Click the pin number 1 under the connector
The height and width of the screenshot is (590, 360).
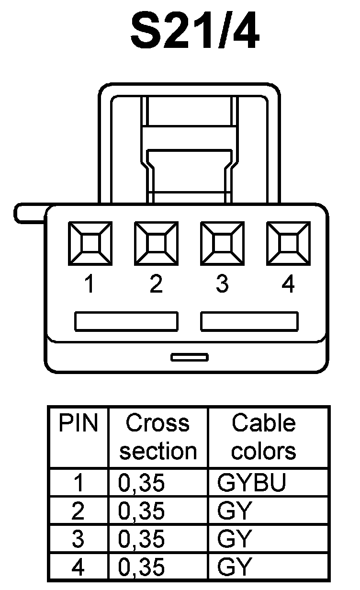[x=89, y=284]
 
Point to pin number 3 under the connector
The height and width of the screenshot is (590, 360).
[x=222, y=284]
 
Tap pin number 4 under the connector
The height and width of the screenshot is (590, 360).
[x=288, y=284]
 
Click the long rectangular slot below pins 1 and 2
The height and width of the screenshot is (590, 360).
[x=126, y=321]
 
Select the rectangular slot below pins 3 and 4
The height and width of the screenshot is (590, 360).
[x=249, y=321]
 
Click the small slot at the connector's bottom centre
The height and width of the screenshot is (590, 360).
[x=190, y=357]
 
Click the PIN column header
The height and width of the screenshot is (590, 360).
[x=78, y=423]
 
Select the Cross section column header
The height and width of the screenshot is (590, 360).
[x=158, y=437]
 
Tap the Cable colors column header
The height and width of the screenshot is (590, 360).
[x=264, y=437]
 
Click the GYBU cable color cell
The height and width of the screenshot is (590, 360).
[x=252, y=483]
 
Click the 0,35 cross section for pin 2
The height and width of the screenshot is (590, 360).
[x=142, y=511]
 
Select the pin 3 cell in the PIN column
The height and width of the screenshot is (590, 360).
[x=78, y=539]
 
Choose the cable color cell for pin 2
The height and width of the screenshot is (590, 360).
[x=235, y=511]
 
